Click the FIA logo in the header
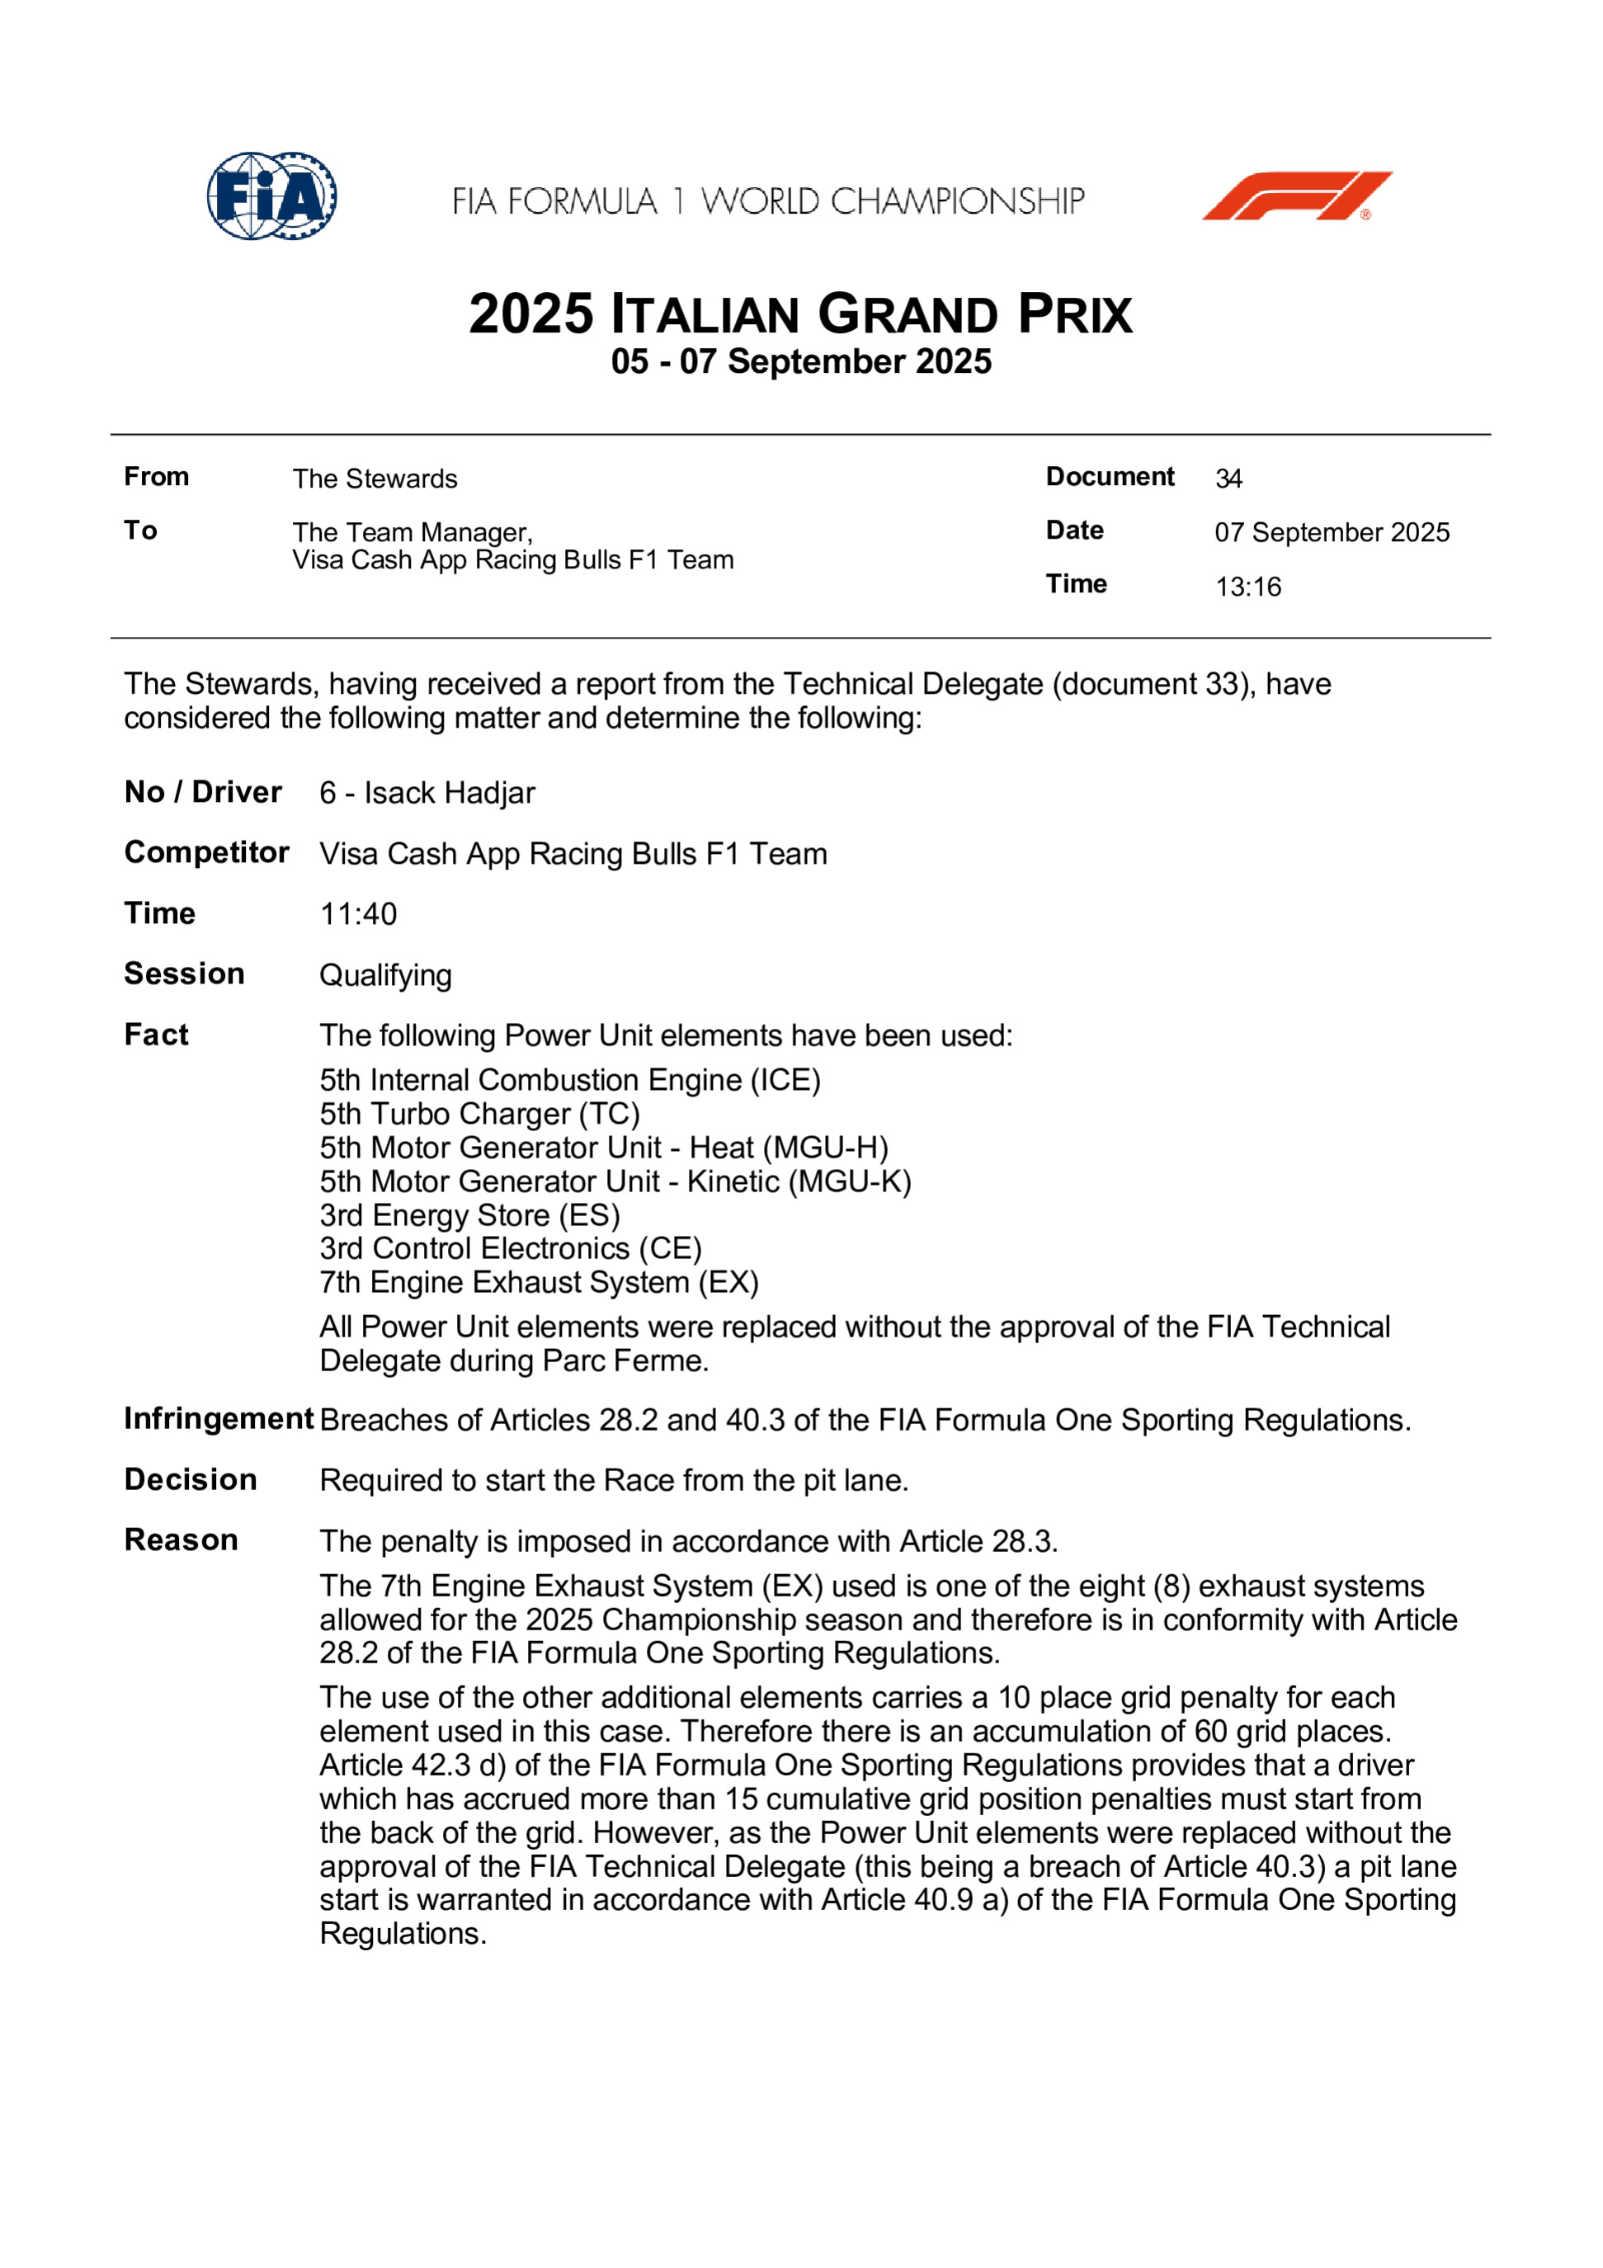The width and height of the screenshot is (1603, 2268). click(271, 196)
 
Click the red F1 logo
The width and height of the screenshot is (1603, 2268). click(1296, 196)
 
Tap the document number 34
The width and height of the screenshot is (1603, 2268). click(1228, 479)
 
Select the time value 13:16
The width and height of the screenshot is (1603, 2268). click(1247, 587)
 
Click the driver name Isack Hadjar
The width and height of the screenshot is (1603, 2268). click(450, 792)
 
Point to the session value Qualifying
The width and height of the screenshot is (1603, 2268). click(385, 975)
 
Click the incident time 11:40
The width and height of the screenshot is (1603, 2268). click(357, 914)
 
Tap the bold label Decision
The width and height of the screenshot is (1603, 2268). click(191, 1480)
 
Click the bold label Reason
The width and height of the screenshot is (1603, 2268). click(181, 1540)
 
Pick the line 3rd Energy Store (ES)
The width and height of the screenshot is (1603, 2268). click(469, 1215)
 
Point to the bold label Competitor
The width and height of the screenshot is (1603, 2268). click(206, 852)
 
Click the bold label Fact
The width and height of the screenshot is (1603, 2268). click(156, 1035)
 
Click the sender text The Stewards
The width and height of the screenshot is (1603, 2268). click(375, 479)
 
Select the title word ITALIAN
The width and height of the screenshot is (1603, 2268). click(705, 314)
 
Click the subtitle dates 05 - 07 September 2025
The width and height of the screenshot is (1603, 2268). click(801, 361)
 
